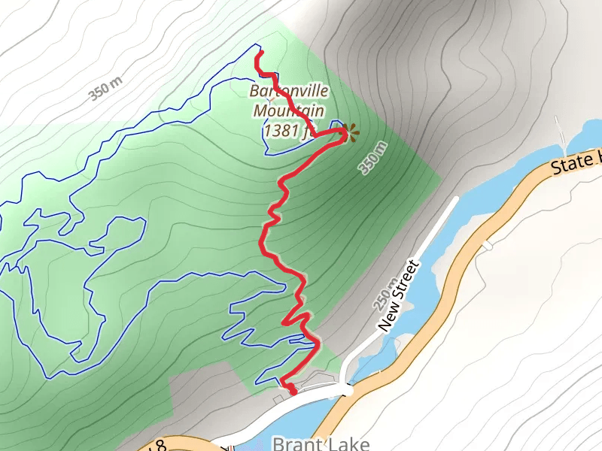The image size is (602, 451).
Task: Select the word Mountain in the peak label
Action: pyautogui.click(x=288, y=111)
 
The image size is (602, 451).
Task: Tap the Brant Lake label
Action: pyautogui.click(x=321, y=443)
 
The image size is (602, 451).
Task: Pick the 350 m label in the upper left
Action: pyautogui.click(x=106, y=87)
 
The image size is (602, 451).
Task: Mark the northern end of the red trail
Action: pyautogui.click(x=258, y=53)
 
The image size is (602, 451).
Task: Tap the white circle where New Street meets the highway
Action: pyautogui.click(x=347, y=391)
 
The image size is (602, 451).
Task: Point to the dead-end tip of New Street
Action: pyautogui.click(x=455, y=200)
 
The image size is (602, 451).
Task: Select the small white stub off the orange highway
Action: pyautogui.click(x=488, y=244)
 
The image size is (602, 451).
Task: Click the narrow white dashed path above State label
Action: pyautogui.click(x=561, y=132)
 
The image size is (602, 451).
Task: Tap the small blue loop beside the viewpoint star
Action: pyautogui.click(x=336, y=126)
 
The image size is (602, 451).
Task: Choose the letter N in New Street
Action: pyautogui.click(x=385, y=325)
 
